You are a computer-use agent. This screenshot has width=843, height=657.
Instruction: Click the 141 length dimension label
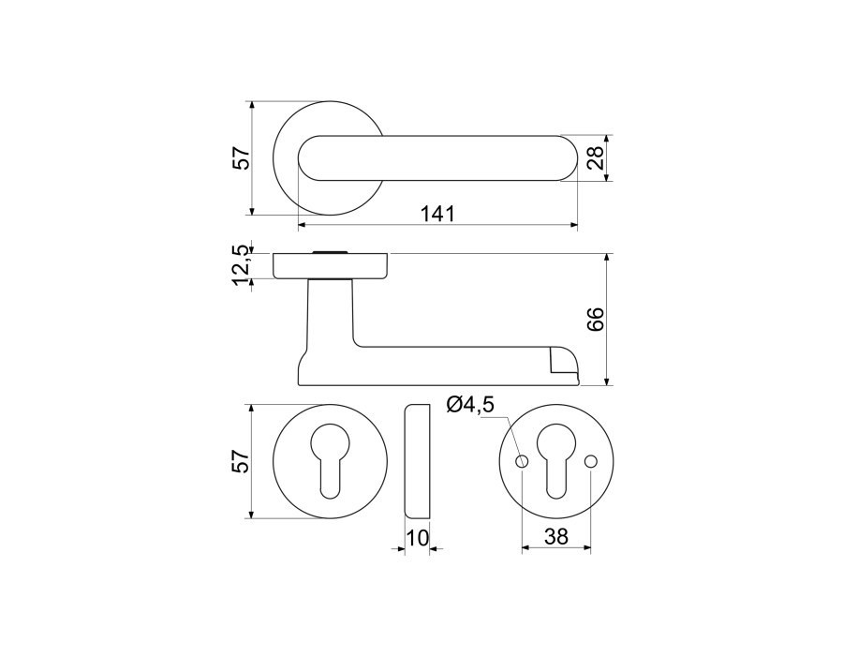437,214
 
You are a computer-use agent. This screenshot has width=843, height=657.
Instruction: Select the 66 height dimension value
596,320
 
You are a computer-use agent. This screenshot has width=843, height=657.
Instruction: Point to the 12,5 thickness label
242,266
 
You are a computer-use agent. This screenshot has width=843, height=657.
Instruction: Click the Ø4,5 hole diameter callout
469,404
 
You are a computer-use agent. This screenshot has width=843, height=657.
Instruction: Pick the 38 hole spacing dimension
555,536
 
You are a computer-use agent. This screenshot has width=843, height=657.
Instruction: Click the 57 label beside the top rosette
242,157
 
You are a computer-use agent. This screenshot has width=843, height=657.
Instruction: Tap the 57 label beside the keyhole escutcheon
242,461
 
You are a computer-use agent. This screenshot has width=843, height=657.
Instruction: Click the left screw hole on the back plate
522,461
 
